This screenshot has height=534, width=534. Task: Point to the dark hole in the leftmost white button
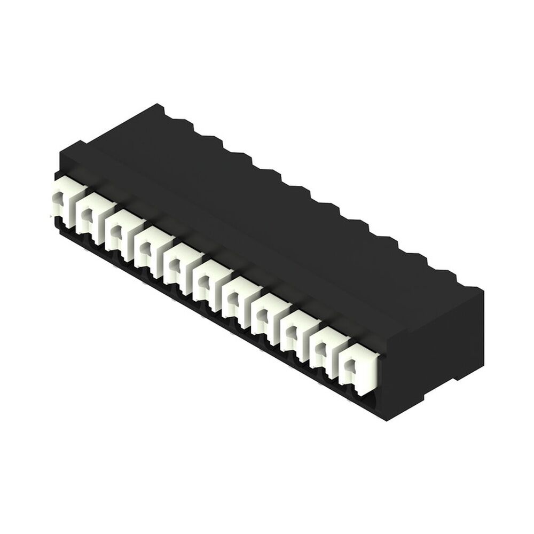(60, 201)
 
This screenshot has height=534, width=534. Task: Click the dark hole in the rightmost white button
(350, 366)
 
